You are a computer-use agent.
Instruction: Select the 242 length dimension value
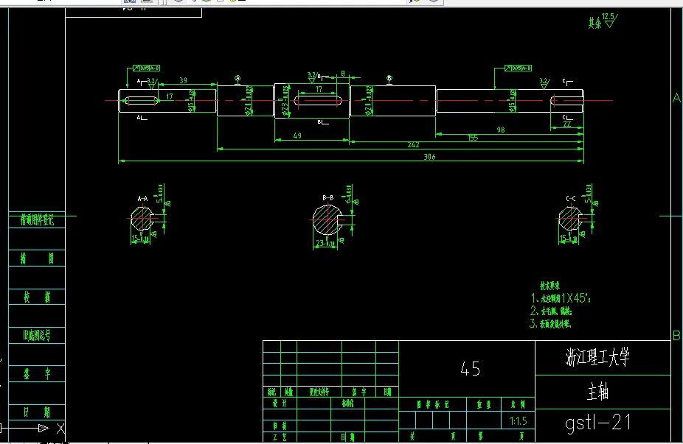[413, 145]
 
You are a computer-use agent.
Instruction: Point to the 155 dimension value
[473, 138]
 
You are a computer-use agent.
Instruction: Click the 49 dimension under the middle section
[297, 135]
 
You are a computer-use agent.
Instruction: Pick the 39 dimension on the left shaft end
[183, 80]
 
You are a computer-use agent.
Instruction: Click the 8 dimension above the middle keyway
[343, 74]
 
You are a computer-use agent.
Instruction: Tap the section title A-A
[142, 198]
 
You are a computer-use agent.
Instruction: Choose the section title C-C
[570, 198]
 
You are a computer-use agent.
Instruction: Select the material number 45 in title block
[469, 369]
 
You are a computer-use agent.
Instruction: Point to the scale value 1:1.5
[518, 422]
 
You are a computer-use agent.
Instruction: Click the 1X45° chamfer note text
[567, 298]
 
